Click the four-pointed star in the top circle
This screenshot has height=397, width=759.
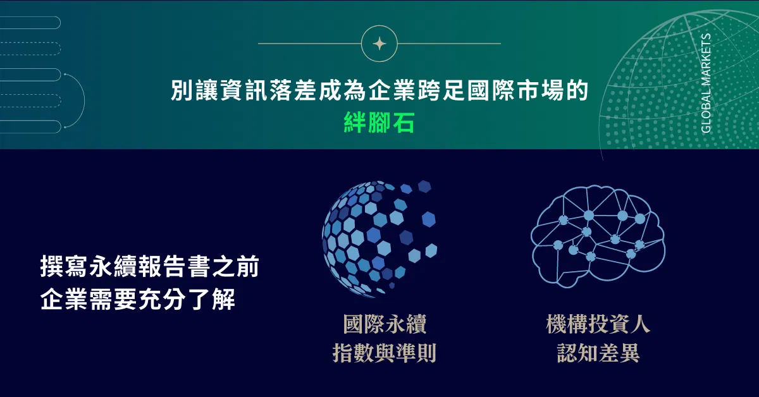pos(379,44)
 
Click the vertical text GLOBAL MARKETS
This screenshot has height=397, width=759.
pos(706,83)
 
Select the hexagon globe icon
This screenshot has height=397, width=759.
pos(379,239)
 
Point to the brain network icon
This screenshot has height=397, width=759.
pos(598,236)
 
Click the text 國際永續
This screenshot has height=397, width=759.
pos(385,324)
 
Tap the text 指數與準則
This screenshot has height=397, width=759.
pos(385,353)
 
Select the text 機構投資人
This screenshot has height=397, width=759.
pos(598,324)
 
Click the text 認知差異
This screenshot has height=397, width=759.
pos(598,353)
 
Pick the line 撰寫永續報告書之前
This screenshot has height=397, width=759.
pos(150,267)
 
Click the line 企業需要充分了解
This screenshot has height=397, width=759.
pos(138,299)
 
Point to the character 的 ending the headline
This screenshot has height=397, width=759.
pos(577,90)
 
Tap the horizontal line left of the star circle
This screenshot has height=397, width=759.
pos(309,44)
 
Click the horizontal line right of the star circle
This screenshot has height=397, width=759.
pos(449,44)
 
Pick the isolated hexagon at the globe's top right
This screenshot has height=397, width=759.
pos(424,186)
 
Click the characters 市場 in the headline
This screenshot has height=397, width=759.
pos(540,90)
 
